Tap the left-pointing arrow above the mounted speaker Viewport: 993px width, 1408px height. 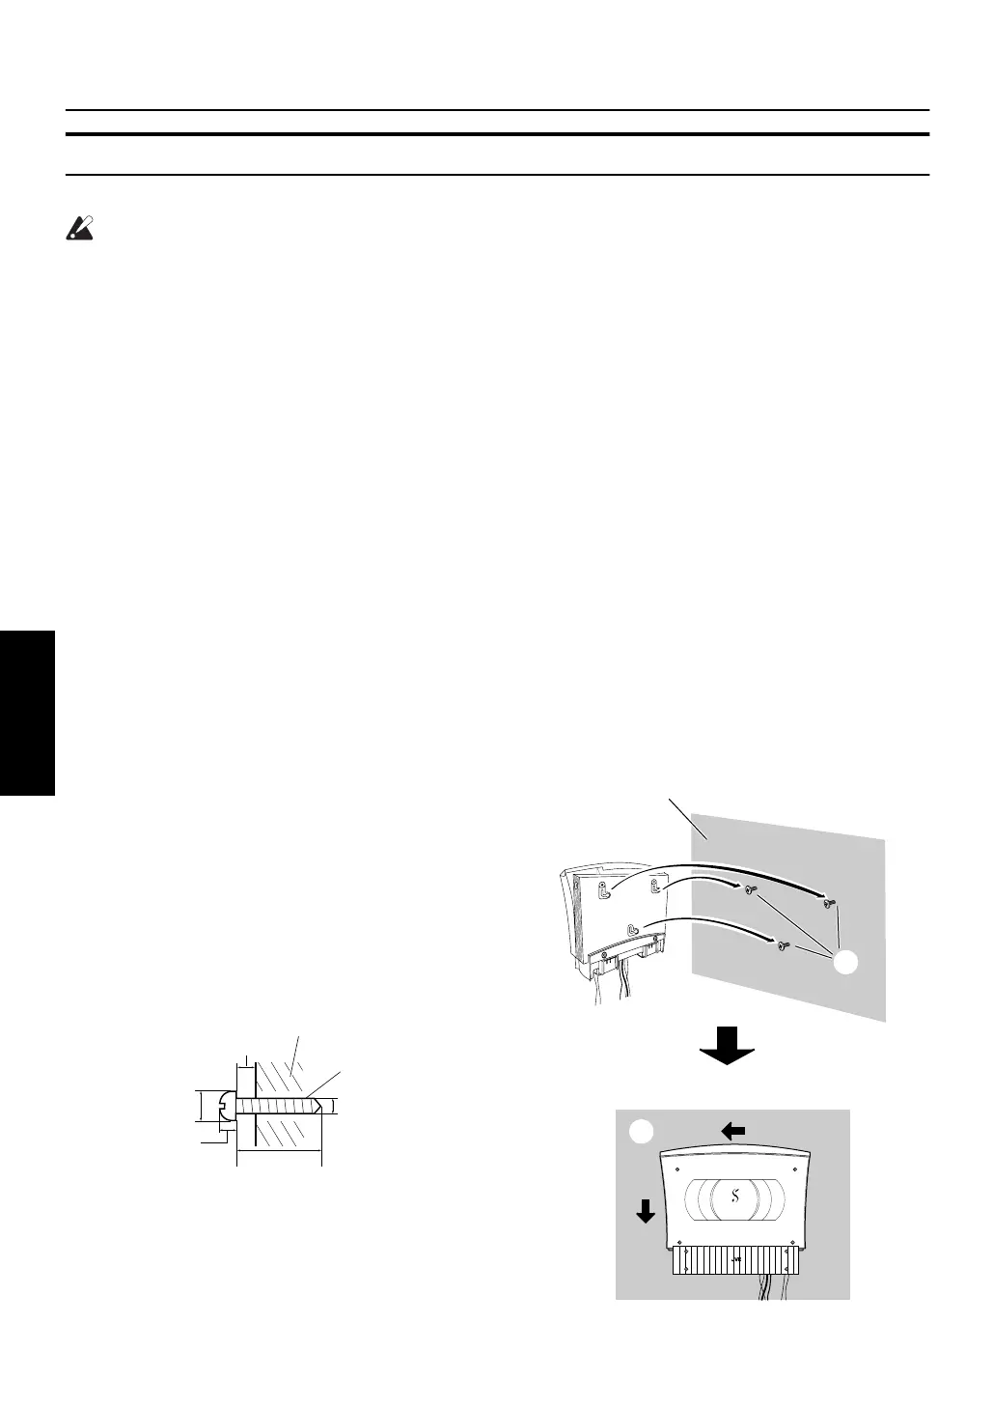click(x=733, y=1131)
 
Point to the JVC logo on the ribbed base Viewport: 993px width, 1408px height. click(x=736, y=1259)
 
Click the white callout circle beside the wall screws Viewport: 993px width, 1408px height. click(x=846, y=962)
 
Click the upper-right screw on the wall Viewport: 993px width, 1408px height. click(x=827, y=903)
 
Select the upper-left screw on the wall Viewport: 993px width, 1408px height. click(x=751, y=889)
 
